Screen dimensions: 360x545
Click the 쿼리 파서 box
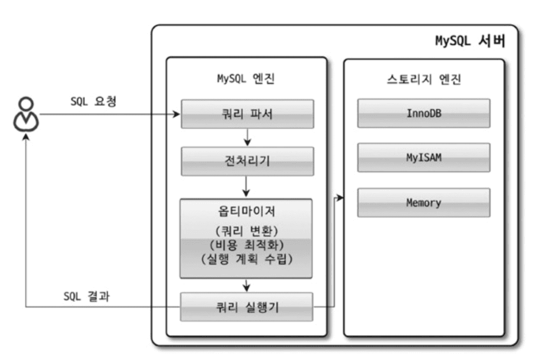[247, 114]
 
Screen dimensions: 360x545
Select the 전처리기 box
[247, 161]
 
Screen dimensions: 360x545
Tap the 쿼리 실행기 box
[247, 307]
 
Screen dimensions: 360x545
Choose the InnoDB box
[424, 114]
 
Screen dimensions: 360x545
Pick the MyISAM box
[424, 158]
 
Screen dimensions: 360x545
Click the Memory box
[424, 202]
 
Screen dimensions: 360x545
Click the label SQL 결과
[86, 297]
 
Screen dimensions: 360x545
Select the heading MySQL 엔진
[247, 80]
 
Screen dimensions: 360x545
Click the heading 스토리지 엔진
[424, 80]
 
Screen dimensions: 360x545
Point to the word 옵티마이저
[247, 212]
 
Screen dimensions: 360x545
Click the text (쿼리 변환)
[247, 230]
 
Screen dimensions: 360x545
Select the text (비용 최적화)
[247, 245]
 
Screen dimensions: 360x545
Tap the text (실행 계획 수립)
[247, 260]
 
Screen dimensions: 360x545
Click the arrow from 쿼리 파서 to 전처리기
[247, 138]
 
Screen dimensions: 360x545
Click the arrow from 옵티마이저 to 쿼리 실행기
[247, 284]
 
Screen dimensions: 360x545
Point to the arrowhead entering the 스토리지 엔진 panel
[340, 198]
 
